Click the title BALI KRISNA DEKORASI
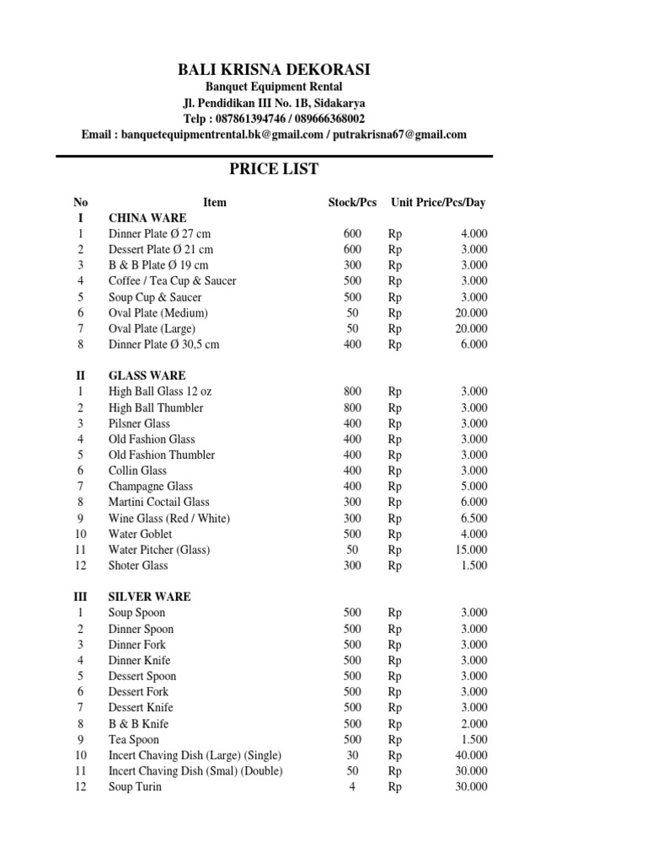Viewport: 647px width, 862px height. [274, 70]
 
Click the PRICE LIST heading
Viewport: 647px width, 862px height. [274, 169]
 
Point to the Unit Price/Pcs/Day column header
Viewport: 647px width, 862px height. [438, 202]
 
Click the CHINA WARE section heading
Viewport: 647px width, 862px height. [147, 218]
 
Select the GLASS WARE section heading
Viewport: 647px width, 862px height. [147, 375]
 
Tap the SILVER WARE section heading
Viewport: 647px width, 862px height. [149, 597]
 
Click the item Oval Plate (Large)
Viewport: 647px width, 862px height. [152, 328]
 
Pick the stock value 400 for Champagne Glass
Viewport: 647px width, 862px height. [352, 487]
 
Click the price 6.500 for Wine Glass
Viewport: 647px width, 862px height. [473, 519]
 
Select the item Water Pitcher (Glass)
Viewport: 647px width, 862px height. [159, 550]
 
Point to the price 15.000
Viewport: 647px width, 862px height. [471, 550]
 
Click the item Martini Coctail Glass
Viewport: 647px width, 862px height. [159, 503]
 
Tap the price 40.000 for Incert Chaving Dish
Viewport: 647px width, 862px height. [471, 755]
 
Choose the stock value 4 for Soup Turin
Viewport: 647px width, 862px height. [352, 787]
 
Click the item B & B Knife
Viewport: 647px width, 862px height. [138, 724]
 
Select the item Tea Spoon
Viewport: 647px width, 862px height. [133, 740]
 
